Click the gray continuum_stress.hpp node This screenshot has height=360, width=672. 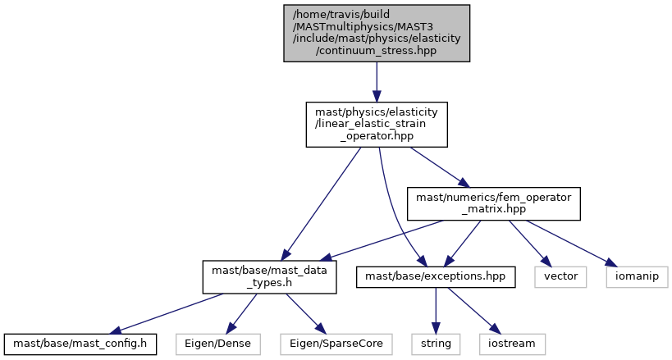377,32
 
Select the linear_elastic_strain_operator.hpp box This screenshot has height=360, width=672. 377,124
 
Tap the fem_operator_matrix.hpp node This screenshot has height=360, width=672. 494,203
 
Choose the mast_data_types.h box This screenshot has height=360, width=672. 269,276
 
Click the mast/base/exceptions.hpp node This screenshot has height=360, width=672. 435,276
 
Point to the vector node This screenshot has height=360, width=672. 561,276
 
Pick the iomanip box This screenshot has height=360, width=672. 637,276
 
